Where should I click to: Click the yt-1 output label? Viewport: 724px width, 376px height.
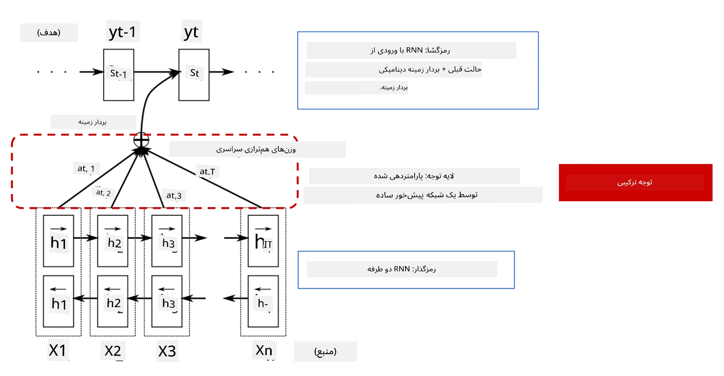click(x=122, y=32)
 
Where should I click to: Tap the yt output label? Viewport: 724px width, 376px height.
click(x=191, y=32)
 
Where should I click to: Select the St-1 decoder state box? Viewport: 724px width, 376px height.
click(x=119, y=75)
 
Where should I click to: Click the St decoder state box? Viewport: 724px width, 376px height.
click(x=194, y=75)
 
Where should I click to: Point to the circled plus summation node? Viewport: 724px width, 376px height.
click(x=141, y=140)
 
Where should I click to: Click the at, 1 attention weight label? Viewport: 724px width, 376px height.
click(x=86, y=168)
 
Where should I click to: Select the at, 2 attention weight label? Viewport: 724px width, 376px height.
click(x=103, y=193)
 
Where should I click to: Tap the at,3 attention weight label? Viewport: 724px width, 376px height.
click(x=174, y=195)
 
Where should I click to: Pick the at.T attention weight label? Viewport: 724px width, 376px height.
click(x=207, y=172)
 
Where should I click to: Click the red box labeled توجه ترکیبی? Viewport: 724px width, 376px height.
click(x=635, y=183)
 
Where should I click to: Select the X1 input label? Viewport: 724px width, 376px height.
click(x=58, y=350)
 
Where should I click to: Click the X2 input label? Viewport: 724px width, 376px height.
click(x=113, y=351)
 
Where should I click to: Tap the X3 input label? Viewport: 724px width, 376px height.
click(x=167, y=351)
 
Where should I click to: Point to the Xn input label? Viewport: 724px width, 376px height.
click(x=264, y=350)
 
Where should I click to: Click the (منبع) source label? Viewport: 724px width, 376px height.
click(x=325, y=351)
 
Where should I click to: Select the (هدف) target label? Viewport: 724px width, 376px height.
click(x=49, y=32)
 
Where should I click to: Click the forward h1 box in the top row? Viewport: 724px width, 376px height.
click(x=58, y=241)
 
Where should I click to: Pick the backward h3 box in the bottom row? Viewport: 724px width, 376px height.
click(x=167, y=301)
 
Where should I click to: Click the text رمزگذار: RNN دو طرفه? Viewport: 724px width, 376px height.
click(x=402, y=269)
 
